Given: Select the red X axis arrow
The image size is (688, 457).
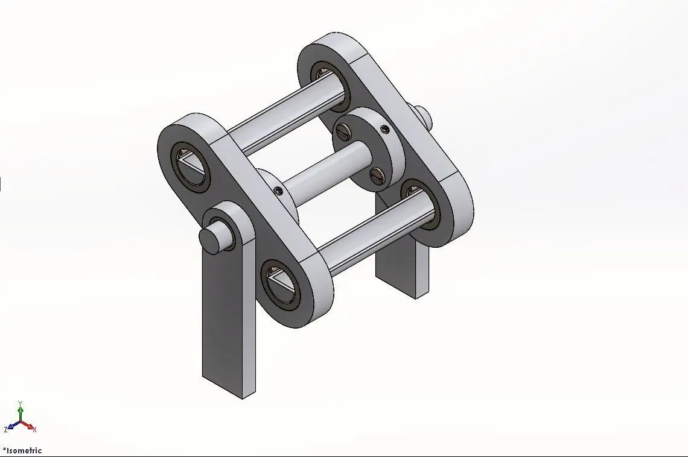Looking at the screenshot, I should (30, 426).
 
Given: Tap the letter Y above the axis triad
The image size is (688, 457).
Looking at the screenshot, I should (21, 402).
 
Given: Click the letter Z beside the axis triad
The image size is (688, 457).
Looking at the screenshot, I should (5, 430).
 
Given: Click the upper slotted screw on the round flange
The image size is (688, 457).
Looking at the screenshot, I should (345, 129).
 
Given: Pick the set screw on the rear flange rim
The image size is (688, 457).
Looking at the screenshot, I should (384, 129).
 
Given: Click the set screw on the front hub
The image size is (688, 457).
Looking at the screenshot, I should (278, 191).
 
